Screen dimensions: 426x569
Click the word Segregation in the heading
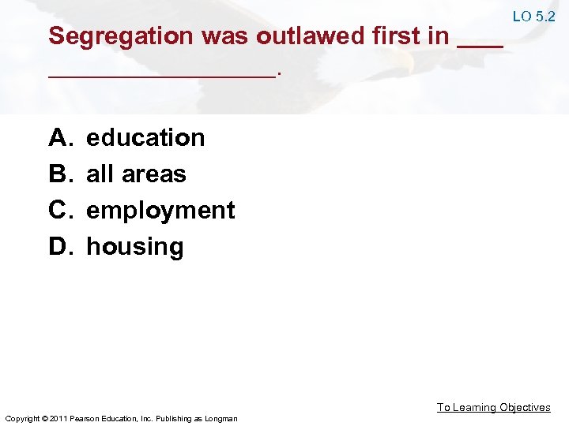point(121,36)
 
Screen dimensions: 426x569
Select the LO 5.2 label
point(533,16)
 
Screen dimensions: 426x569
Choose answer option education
point(145,138)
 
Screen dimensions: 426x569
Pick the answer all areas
point(136,174)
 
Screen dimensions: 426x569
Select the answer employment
point(160,211)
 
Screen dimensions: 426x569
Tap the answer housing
point(134,247)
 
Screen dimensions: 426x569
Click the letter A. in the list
point(60,138)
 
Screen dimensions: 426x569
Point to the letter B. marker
point(60,174)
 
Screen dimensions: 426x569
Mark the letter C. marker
point(60,210)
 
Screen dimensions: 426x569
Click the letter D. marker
point(60,246)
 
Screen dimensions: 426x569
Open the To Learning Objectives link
point(494,407)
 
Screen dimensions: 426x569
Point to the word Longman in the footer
point(220,418)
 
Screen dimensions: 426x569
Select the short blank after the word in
point(480,47)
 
